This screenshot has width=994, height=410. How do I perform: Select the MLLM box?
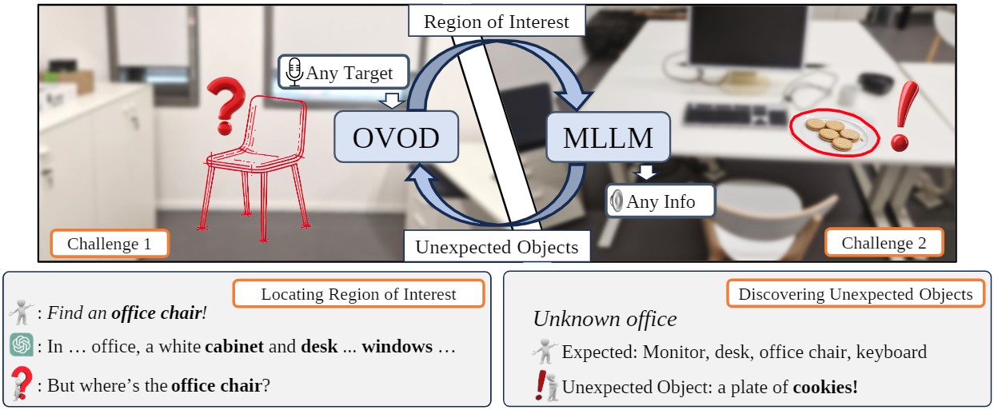pos(607,137)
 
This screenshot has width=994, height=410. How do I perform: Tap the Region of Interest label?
pos(496,22)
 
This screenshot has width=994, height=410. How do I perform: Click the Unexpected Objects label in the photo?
pos(497,246)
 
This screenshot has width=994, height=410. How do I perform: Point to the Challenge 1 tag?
pos(110,244)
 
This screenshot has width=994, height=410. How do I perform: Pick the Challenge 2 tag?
pos(884,243)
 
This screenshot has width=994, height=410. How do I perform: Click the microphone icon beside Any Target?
pos(294,73)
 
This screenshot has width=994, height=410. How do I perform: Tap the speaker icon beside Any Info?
pos(617,201)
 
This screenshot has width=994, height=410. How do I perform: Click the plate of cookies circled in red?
pos(833,133)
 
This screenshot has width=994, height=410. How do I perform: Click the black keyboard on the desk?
pos(735,113)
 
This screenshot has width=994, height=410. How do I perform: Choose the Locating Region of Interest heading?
pos(358,294)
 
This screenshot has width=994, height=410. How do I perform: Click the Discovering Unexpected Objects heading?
pos(855,294)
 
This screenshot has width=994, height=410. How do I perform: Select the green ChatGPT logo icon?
pos(22,345)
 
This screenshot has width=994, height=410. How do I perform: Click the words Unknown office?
pos(605,320)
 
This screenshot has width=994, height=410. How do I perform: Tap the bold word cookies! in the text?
pos(824,388)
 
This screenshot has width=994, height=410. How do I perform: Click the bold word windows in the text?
pos(397,348)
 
